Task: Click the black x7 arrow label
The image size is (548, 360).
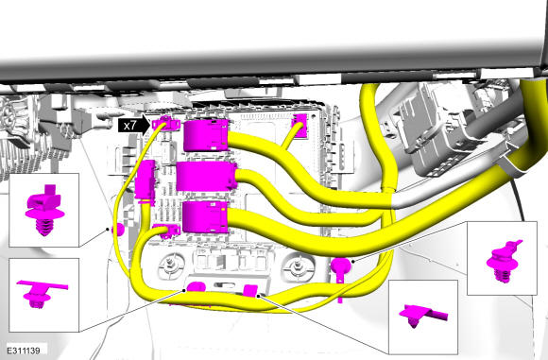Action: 134,125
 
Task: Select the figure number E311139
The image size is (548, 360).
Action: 24,351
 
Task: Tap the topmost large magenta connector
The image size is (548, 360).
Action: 206,136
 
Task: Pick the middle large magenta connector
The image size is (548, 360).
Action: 207,176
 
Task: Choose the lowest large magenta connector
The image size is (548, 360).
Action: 206,217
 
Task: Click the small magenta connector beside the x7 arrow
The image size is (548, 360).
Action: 166,123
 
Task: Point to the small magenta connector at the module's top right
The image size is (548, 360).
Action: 300,125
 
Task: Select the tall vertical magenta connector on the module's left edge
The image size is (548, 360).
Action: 146,182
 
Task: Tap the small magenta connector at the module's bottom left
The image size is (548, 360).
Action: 167,231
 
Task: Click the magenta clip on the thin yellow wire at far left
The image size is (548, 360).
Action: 118,230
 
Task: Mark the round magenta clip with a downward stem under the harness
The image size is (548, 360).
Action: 340,269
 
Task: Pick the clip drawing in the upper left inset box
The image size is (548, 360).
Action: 44,210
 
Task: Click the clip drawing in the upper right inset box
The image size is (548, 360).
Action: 504,261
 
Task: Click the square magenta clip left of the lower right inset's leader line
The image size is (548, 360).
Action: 250,291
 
